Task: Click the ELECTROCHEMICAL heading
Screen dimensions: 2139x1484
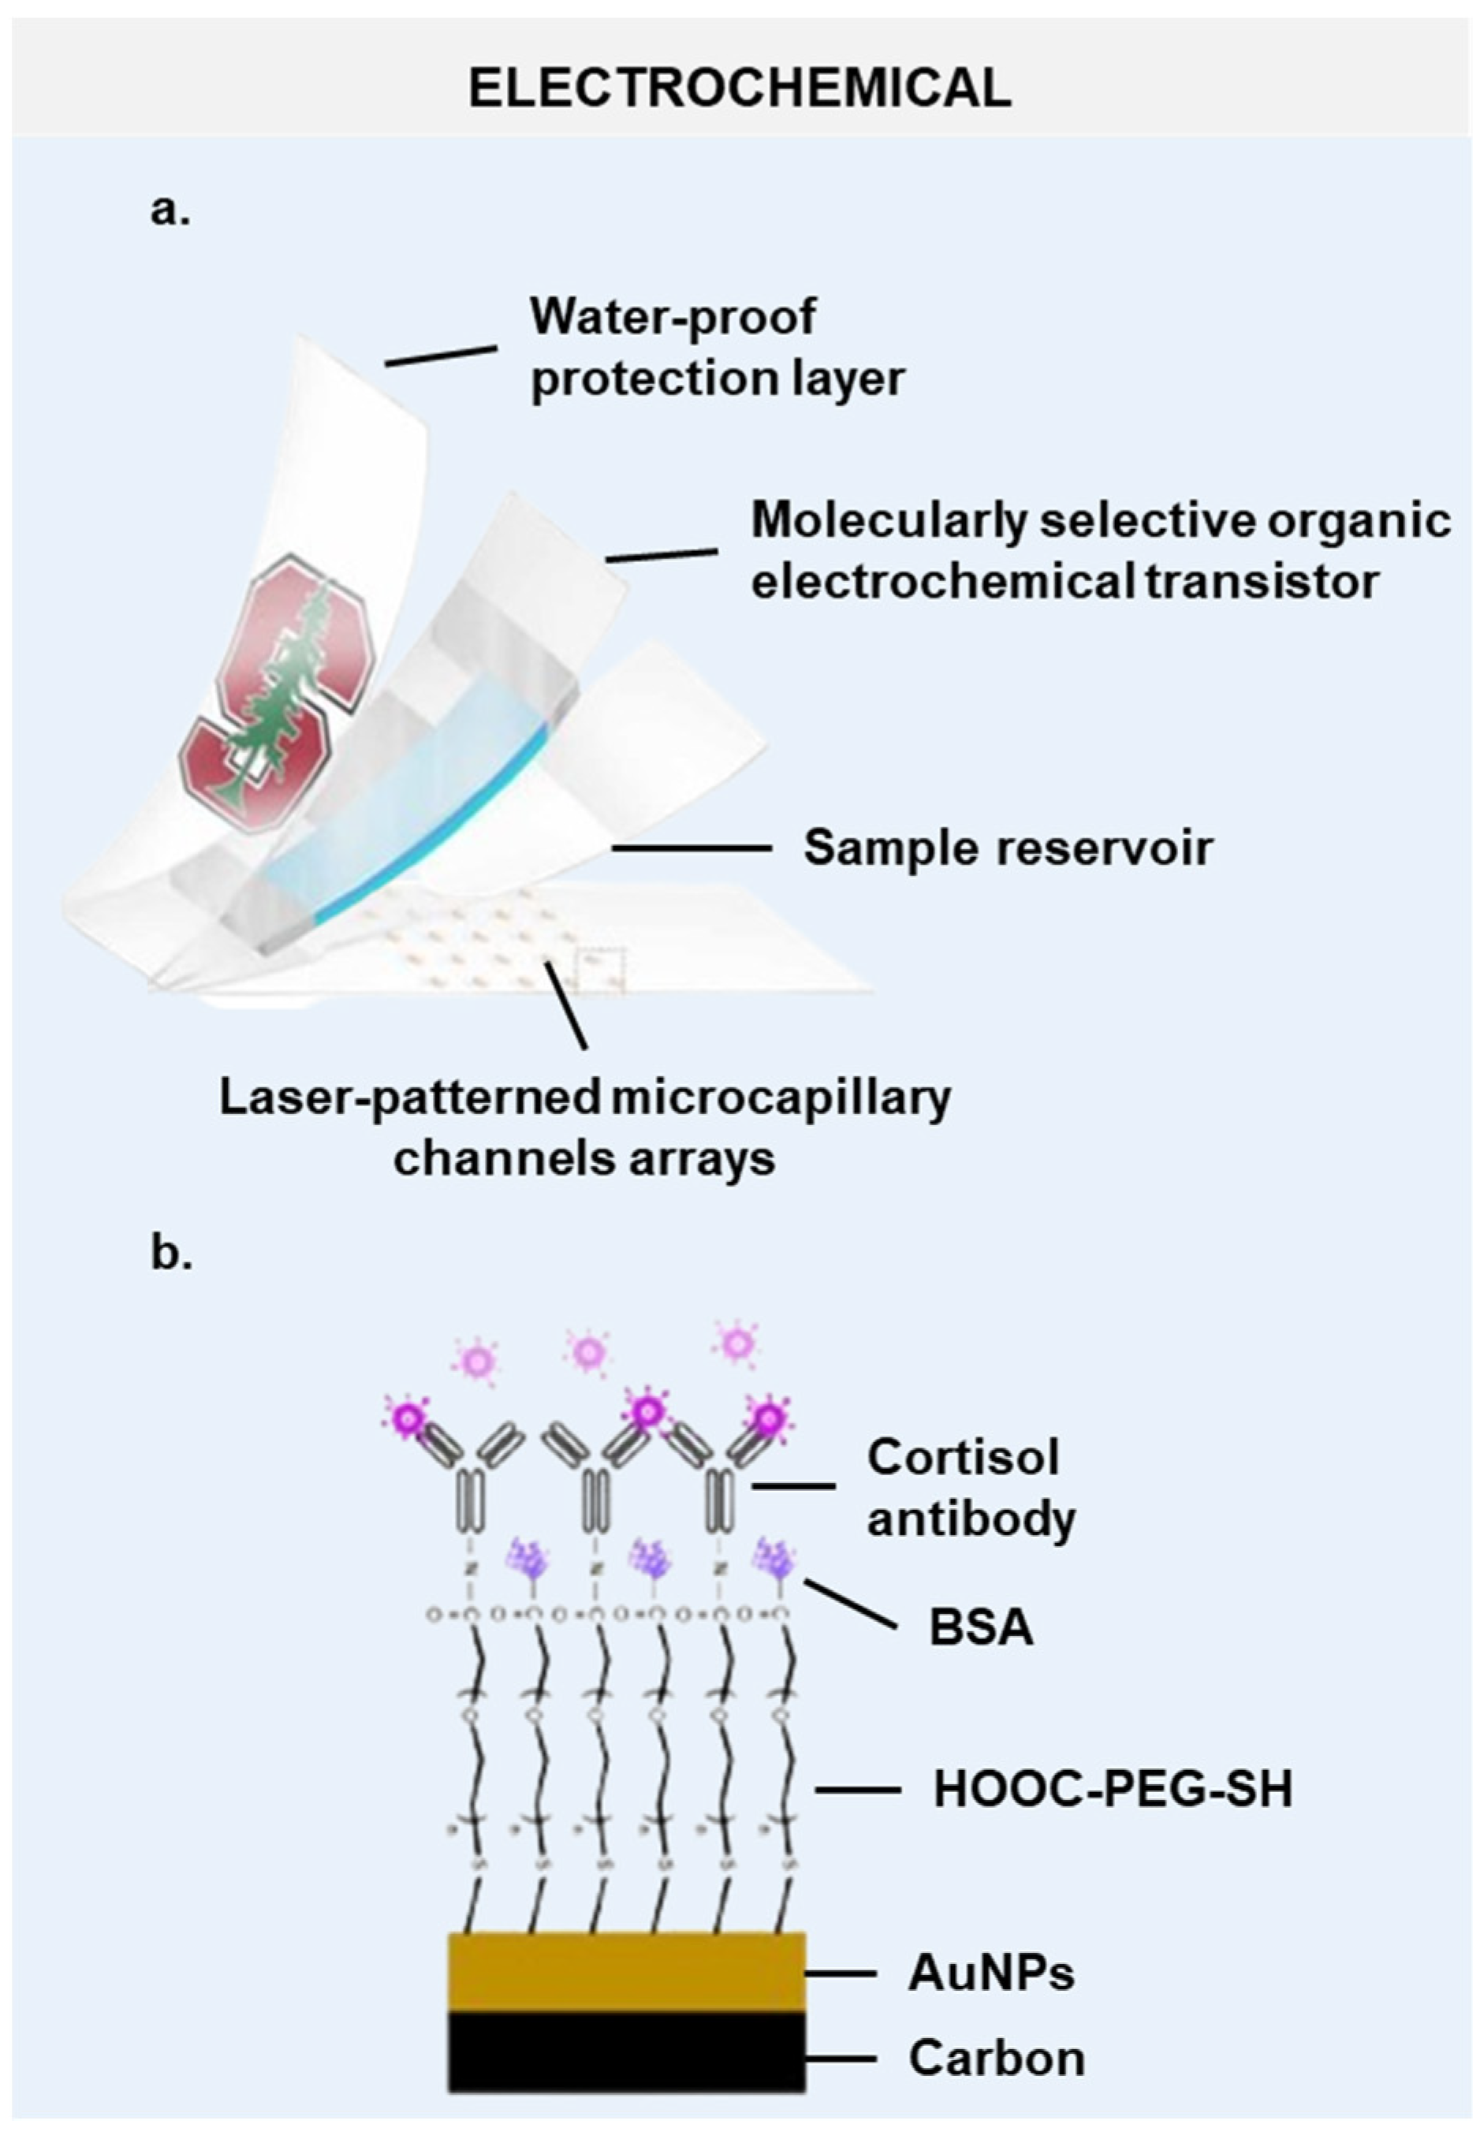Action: pos(740,89)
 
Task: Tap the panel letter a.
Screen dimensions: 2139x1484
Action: pos(170,211)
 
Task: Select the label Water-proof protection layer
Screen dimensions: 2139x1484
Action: pos(716,348)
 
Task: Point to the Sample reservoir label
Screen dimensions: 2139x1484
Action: pos(1008,848)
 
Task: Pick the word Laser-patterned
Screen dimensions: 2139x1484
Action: pos(409,1097)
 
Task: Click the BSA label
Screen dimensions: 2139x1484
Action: pos(981,1629)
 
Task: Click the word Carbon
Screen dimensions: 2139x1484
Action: pos(997,2058)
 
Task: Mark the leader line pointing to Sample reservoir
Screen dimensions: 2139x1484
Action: pos(692,848)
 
